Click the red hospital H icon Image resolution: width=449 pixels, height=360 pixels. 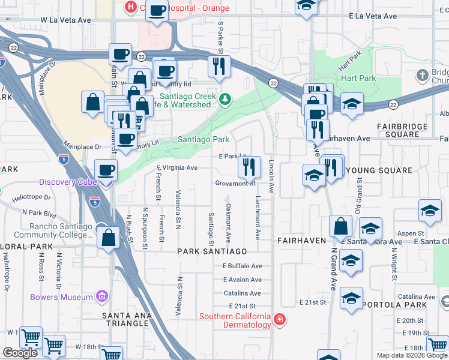(130, 7)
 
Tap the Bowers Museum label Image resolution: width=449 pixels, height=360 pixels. (61, 297)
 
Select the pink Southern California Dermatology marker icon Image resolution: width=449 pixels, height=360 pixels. (279, 320)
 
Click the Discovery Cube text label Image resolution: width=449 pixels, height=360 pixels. (64, 182)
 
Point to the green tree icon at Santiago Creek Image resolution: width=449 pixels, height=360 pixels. (225, 99)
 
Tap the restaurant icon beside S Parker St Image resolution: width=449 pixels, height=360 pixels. (219, 65)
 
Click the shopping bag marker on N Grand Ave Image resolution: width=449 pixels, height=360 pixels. (340, 227)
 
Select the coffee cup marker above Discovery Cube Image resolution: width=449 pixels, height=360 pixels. (106, 170)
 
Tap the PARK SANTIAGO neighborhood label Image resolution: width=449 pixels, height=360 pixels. (212, 251)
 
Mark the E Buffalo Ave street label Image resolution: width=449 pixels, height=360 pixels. (243, 266)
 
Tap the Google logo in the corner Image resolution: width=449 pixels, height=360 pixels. (20, 353)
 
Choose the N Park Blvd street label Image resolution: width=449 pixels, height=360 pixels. (38, 212)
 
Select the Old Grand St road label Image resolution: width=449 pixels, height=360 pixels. (358, 200)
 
